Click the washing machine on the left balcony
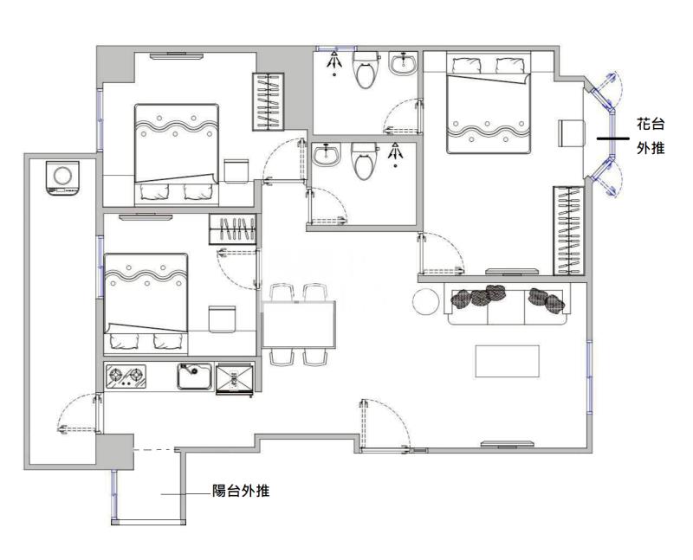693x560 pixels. pos(62,177)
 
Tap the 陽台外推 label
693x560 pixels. pos(241,491)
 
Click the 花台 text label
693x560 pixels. pos(651,124)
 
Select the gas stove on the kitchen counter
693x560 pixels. pos(126,377)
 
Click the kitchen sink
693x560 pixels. pos(194,377)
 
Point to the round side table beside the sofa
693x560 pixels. pos(426,302)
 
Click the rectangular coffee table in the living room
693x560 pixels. pos(508,361)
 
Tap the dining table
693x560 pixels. pos(299,325)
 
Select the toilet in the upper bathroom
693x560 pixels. pos(366,69)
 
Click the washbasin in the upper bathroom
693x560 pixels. pos(403,63)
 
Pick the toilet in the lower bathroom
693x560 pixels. pos(365,161)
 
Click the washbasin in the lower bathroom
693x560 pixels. pos(327,155)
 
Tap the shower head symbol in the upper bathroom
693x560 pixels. pos(334,61)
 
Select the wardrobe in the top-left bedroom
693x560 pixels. pos(268,101)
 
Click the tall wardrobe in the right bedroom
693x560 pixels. pos(569,230)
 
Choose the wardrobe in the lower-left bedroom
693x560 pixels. pos(232,229)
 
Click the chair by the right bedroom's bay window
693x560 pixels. pos(572,132)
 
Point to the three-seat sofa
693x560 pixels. pos(508,305)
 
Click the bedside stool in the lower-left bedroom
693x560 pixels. pos(222,319)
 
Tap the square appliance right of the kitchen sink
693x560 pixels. pos(235,379)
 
